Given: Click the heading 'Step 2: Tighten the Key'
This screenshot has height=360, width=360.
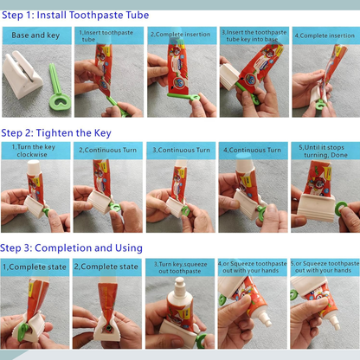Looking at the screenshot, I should [x=59, y=132].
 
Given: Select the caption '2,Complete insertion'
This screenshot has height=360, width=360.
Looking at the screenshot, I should [x=179, y=35].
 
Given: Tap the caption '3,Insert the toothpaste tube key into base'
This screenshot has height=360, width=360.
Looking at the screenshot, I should [x=252, y=36].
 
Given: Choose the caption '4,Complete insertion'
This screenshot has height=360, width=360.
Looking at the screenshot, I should [x=325, y=35].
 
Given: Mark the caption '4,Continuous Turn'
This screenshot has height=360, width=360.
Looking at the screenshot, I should [x=252, y=151].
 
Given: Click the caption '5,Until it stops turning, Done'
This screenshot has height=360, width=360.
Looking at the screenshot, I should [x=325, y=151].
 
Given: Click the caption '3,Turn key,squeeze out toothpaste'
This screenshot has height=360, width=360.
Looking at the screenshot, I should [x=179, y=267].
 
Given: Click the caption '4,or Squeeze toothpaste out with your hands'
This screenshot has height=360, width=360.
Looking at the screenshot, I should [x=252, y=267].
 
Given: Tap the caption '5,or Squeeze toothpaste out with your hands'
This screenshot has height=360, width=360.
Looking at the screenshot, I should [x=325, y=267].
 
